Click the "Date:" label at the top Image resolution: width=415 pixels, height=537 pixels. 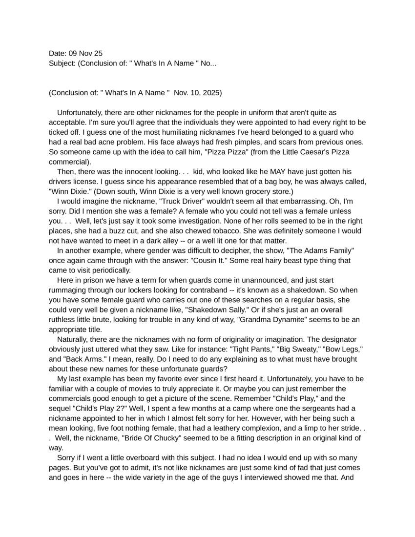58,53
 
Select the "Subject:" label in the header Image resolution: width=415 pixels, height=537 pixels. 62,63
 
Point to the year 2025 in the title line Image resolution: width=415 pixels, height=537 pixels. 212,93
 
